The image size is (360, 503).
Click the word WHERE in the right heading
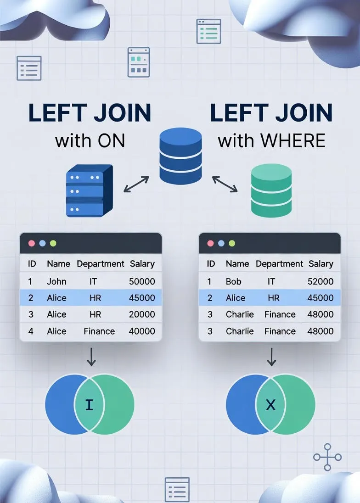pos(293,140)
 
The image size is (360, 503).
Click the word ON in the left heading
pos(111,140)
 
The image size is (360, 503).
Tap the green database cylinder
pos(271,190)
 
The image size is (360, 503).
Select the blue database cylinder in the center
pos(180,156)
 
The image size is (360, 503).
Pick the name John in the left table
pos(56,281)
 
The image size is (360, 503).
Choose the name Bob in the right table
pos(233,281)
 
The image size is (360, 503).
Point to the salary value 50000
pos(142,281)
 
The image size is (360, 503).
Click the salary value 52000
pos(320,281)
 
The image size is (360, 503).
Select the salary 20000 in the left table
pos(142,314)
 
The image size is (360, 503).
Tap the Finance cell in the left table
pos(99,331)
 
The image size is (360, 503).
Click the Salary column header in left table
pos(142,264)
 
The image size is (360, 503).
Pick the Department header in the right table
pos(279,264)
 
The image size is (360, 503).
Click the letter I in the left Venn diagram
pos(89,405)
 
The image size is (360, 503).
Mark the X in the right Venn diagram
pos(271,405)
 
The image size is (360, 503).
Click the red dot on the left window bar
pos(31,243)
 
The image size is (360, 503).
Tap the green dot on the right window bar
pos(231,243)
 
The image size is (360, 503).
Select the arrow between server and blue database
pos(136,184)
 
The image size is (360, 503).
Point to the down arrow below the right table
pos(271,357)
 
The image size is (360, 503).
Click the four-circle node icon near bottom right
pos(327,457)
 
